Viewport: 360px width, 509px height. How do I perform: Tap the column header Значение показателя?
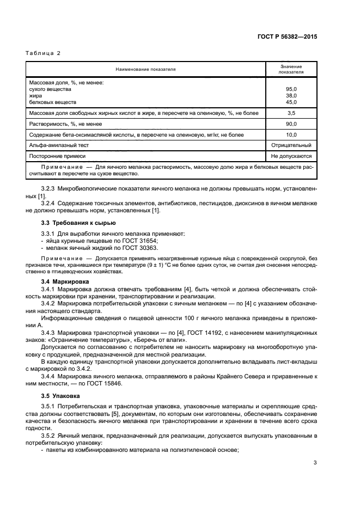point(291,69)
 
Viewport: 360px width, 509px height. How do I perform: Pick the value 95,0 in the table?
point(291,88)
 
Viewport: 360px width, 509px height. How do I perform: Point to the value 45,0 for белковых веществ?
point(291,102)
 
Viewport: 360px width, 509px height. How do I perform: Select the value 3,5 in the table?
point(291,113)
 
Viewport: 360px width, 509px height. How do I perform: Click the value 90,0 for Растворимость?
point(291,124)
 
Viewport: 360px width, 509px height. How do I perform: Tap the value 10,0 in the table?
point(291,134)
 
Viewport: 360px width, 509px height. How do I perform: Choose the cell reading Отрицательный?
point(291,145)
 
